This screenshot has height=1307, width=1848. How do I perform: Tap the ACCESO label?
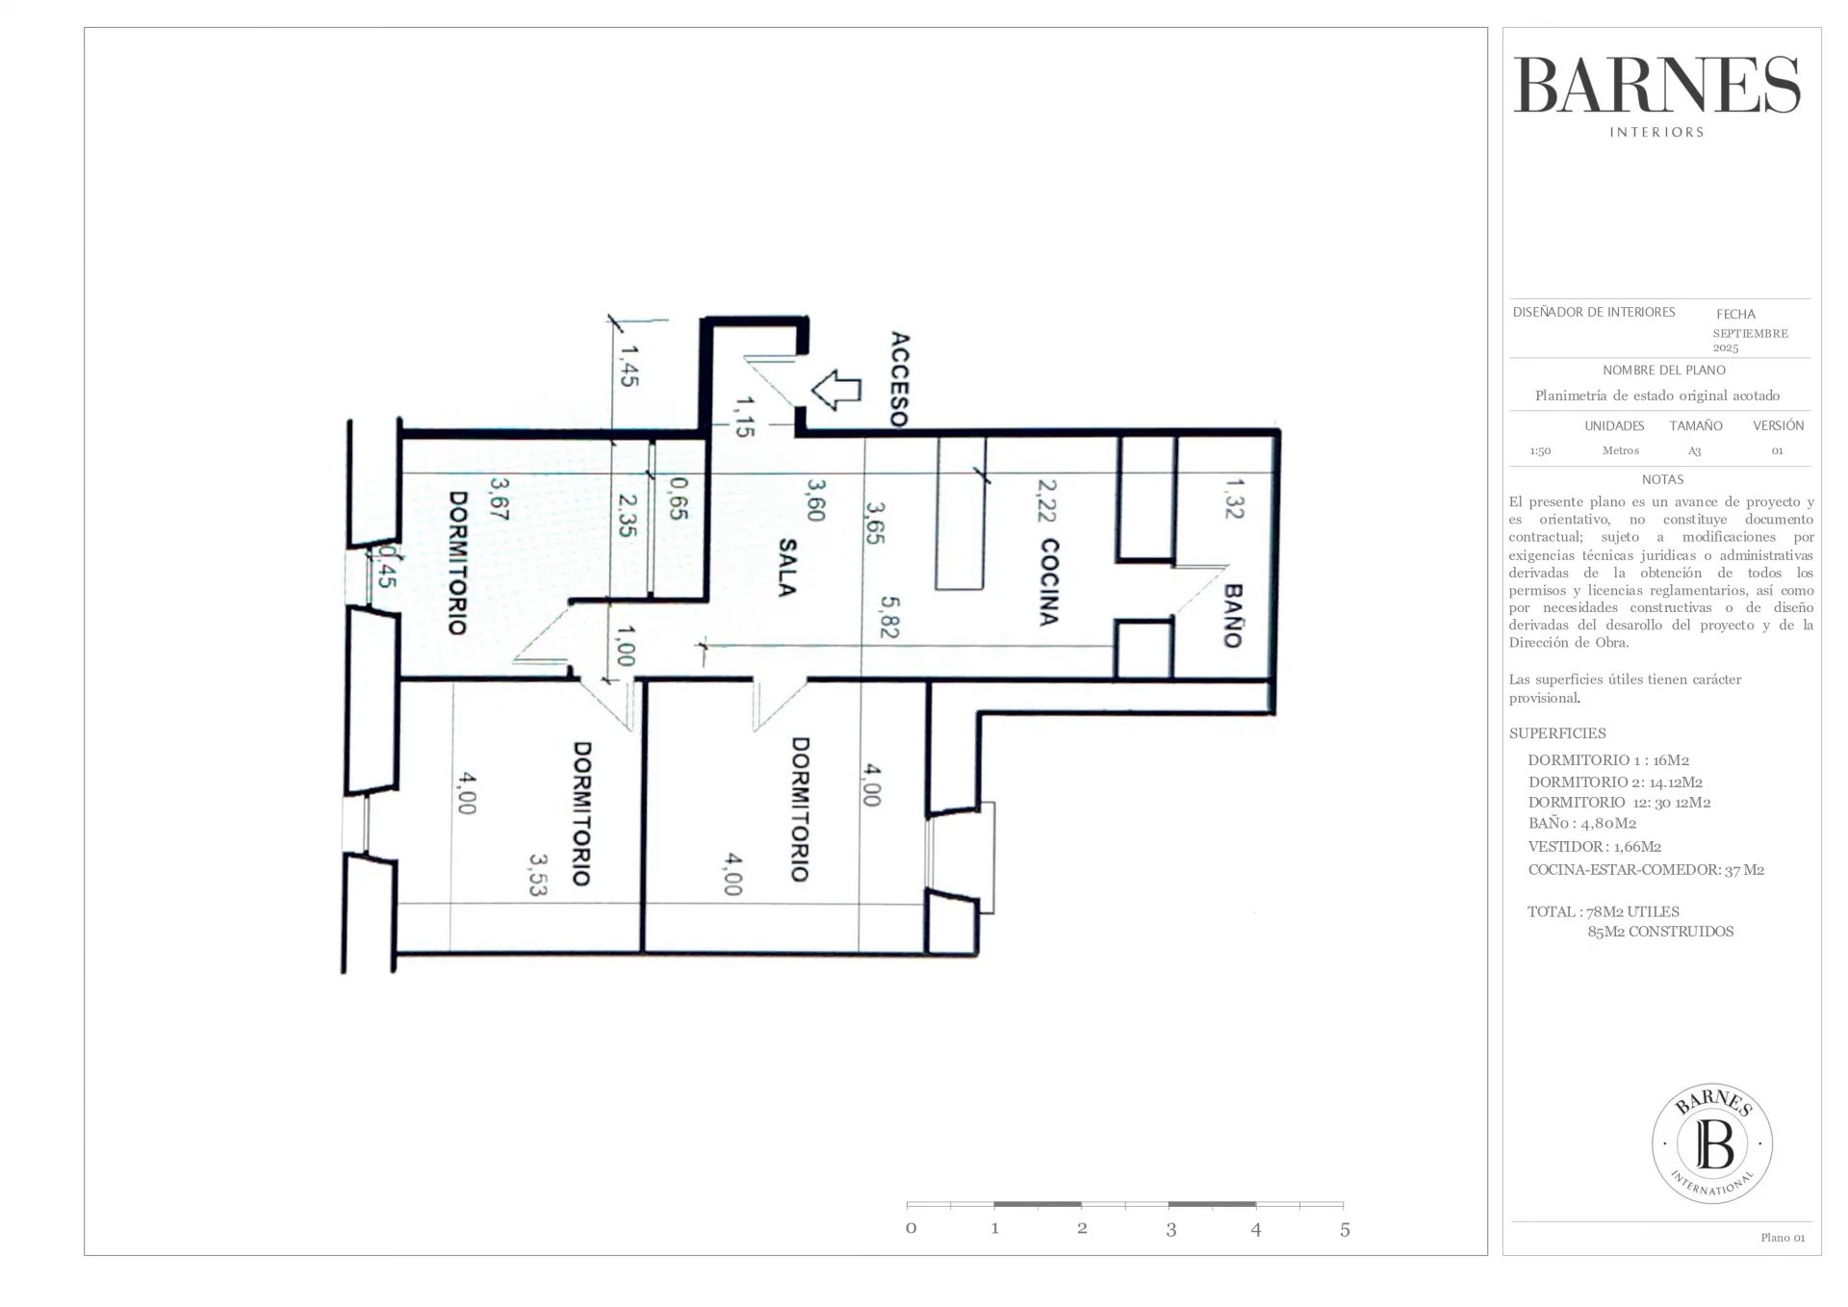pos(899,379)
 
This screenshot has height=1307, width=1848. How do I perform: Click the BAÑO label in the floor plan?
pos(1233,616)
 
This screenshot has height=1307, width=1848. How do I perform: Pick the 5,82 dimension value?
pos(889,616)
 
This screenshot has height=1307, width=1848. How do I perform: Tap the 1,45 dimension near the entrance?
pos(629,366)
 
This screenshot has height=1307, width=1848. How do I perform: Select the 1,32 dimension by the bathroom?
pos(1234,498)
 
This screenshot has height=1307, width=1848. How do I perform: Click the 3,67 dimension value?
pos(499,500)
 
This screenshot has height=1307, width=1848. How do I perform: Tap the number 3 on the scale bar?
pos(1170,1229)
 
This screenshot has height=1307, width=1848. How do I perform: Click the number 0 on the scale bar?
pos(911,1228)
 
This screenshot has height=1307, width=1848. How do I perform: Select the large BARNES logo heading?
pos(1657,85)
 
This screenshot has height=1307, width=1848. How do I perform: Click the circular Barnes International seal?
pos(1712,1143)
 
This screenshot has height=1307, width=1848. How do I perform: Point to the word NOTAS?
pos(1662,479)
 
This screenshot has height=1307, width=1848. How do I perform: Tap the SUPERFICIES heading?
pos(1557,733)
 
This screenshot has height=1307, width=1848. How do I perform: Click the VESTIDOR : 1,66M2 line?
pos(1595,847)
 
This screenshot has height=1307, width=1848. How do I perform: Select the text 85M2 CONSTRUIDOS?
pos(1660,932)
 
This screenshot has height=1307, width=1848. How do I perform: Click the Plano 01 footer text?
pos(1783,1238)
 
